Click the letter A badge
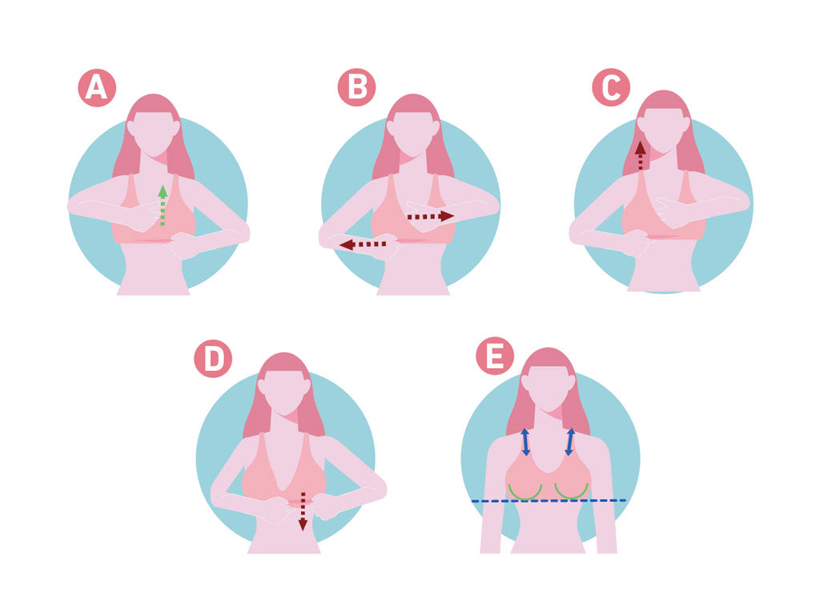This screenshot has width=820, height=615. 97,88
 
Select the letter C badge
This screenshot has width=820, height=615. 611,88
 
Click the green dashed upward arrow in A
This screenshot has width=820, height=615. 163,205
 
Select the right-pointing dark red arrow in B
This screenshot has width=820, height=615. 431,216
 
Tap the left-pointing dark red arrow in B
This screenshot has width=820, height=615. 363,244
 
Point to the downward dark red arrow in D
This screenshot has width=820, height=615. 303,512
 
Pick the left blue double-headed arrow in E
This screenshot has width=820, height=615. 525,442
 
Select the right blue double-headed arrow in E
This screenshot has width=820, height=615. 570,442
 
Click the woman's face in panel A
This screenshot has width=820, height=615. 153,132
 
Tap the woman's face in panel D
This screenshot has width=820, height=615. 284,391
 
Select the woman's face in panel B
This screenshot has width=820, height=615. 413,132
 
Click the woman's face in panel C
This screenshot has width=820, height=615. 664,128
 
